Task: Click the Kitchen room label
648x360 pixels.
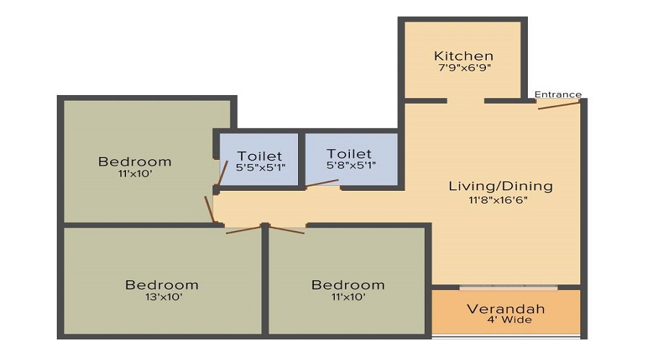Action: pyautogui.click(x=463, y=55)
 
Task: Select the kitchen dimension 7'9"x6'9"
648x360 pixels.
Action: pyautogui.click(x=464, y=68)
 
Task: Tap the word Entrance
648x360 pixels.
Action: pyautogui.click(x=558, y=94)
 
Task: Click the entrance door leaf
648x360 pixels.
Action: pyautogui.click(x=559, y=105)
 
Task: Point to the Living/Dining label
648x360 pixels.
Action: pyautogui.click(x=500, y=186)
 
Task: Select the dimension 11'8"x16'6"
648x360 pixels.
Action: pyautogui.click(x=498, y=200)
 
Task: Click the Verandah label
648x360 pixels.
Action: pyautogui.click(x=506, y=309)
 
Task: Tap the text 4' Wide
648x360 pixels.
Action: pyautogui.click(x=510, y=320)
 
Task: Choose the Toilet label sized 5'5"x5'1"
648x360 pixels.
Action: pyautogui.click(x=259, y=156)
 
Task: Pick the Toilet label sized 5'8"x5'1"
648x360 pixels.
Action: pyautogui.click(x=349, y=154)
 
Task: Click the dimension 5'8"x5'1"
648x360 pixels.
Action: pyautogui.click(x=351, y=166)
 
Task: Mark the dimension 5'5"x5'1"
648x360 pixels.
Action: pyautogui.click(x=261, y=168)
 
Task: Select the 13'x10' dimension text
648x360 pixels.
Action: pyautogui.click(x=163, y=297)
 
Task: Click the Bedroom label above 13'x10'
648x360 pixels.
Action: pyautogui.click(x=161, y=285)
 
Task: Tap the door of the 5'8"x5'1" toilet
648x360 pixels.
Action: pyautogui.click(x=323, y=183)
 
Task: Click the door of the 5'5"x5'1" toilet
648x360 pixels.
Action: pyautogui.click(x=222, y=173)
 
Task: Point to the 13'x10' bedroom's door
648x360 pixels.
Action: pyautogui.click(x=244, y=230)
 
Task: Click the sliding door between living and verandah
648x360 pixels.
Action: pyautogui.click(x=508, y=287)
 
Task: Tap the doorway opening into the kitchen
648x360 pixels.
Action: pyautogui.click(x=465, y=100)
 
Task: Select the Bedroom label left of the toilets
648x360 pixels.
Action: pyautogui.click(x=135, y=161)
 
